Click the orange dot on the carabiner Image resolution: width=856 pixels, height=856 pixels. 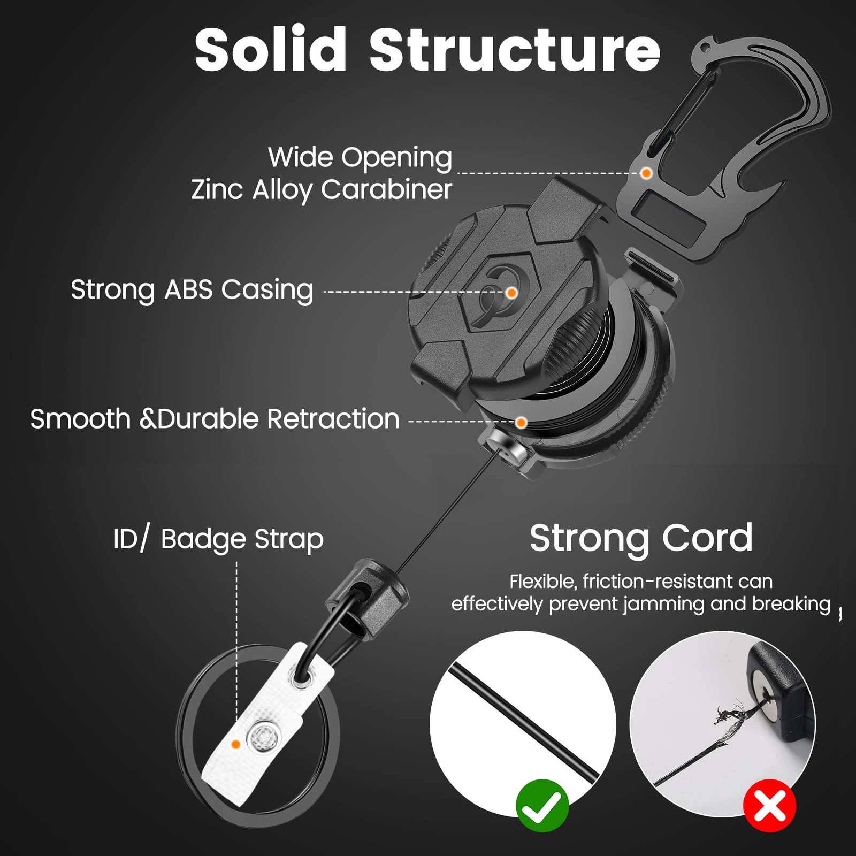pos(646,173)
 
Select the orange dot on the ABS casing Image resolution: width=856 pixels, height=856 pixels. pos(511,292)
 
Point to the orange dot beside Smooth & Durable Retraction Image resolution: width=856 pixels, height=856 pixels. pos(521,422)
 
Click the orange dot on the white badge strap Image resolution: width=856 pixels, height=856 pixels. pos(235,744)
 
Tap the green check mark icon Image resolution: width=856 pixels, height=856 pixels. pos(542,806)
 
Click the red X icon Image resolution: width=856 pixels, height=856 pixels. pos(770,806)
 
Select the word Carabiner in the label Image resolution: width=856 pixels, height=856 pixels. pos(386,189)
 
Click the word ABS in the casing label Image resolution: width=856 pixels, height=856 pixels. pos(188,290)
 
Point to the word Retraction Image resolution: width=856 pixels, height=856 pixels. pos(333,419)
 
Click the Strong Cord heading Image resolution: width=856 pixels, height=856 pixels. pos(641,538)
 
